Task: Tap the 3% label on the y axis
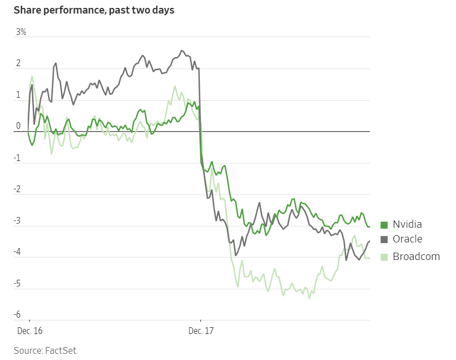[x=21, y=32]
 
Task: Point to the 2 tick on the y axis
[x=18, y=63]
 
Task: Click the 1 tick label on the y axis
[x=18, y=95]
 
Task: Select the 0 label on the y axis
[x=18, y=126]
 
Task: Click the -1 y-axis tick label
[x=18, y=158]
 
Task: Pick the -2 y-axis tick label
[x=18, y=189]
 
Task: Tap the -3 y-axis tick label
[x=18, y=220]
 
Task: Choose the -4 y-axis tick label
[x=18, y=252]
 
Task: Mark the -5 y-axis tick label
[x=18, y=283]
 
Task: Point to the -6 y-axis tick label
[x=18, y=315]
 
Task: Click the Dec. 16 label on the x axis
[x=29, y=329]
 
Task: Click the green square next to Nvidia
[x=384, y=224]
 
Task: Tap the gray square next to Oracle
[x=384, y=240]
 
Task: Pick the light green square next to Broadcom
[x=384, y=257]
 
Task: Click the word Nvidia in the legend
[x=407, y=224]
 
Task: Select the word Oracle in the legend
[x=407, y=240]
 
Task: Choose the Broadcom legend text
[x=416, y=256]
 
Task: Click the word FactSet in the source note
[x=60, y=350]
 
